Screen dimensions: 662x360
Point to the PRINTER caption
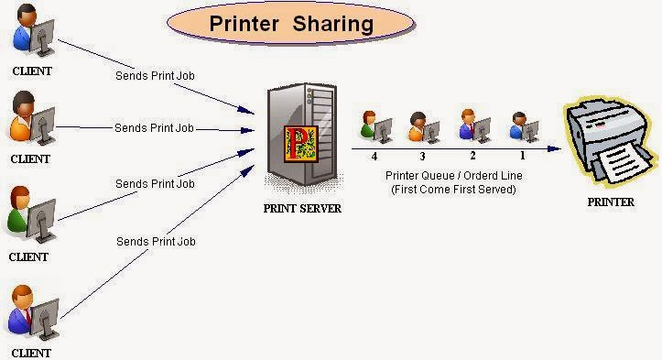click(x=610, y=202)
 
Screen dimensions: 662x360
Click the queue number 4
click(x=374, y=157)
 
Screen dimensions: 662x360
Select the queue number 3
click(x=423, y=157)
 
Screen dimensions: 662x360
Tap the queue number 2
click(x=472, y=157)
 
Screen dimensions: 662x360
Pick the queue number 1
click(x=522, y=157)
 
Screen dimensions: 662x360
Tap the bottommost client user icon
click(x=31, y=311)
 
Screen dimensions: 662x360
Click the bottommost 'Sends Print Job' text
click(x=156, y=241)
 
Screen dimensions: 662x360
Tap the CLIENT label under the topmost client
click(x=32, y=70)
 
